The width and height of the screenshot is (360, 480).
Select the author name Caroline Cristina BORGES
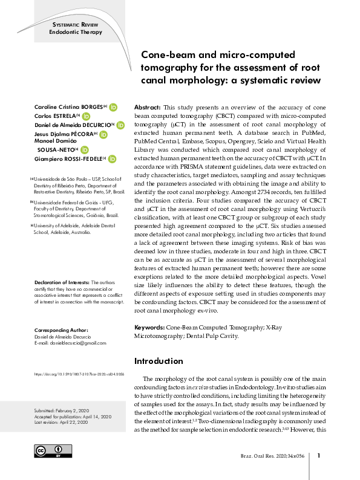click(69, 107)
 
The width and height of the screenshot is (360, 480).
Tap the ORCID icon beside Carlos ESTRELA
click(86, 116)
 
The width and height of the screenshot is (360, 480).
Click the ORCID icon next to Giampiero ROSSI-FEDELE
click(112, 160)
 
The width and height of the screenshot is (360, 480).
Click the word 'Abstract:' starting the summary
click(147, 105)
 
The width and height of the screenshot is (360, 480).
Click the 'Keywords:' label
click(151, 327)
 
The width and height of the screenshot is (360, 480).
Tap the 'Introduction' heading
click(159, 361)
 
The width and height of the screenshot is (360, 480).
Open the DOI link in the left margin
click(79, 374)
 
